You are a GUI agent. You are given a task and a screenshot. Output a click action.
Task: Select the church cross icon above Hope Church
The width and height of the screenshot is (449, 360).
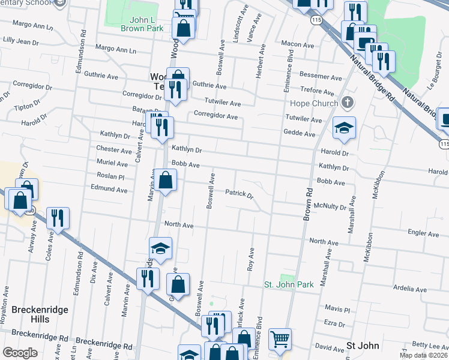pyautogui.click(x=346, y=103)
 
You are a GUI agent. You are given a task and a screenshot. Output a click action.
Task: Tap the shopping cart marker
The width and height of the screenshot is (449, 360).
pyautogui.click(x=280, y=340)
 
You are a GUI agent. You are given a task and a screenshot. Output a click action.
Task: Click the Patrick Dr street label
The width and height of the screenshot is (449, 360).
pyautogui.click(x=240, y=194)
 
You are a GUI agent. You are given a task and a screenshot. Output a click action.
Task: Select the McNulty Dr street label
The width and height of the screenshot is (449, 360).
pyautogui.click(x=330, y=207)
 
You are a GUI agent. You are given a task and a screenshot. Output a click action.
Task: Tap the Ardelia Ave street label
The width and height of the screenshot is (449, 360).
pyautogui.click(x=410, y=289)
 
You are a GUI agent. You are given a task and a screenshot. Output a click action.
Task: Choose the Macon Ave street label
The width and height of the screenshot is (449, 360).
pyautogui.click(x=298, y=45)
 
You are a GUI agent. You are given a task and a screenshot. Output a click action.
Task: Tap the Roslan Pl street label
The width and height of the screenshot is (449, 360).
pyautogui.click(x=110, y=177)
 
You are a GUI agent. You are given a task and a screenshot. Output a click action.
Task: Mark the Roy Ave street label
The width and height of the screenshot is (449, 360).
pyautogui.click(x=251, y=259)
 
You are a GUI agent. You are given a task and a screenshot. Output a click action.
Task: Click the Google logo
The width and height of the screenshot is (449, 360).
pyautogui.click(x=19, y=353)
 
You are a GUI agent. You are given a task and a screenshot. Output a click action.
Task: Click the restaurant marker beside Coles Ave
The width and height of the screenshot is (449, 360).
pyautogui.click(x=58, y=218)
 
